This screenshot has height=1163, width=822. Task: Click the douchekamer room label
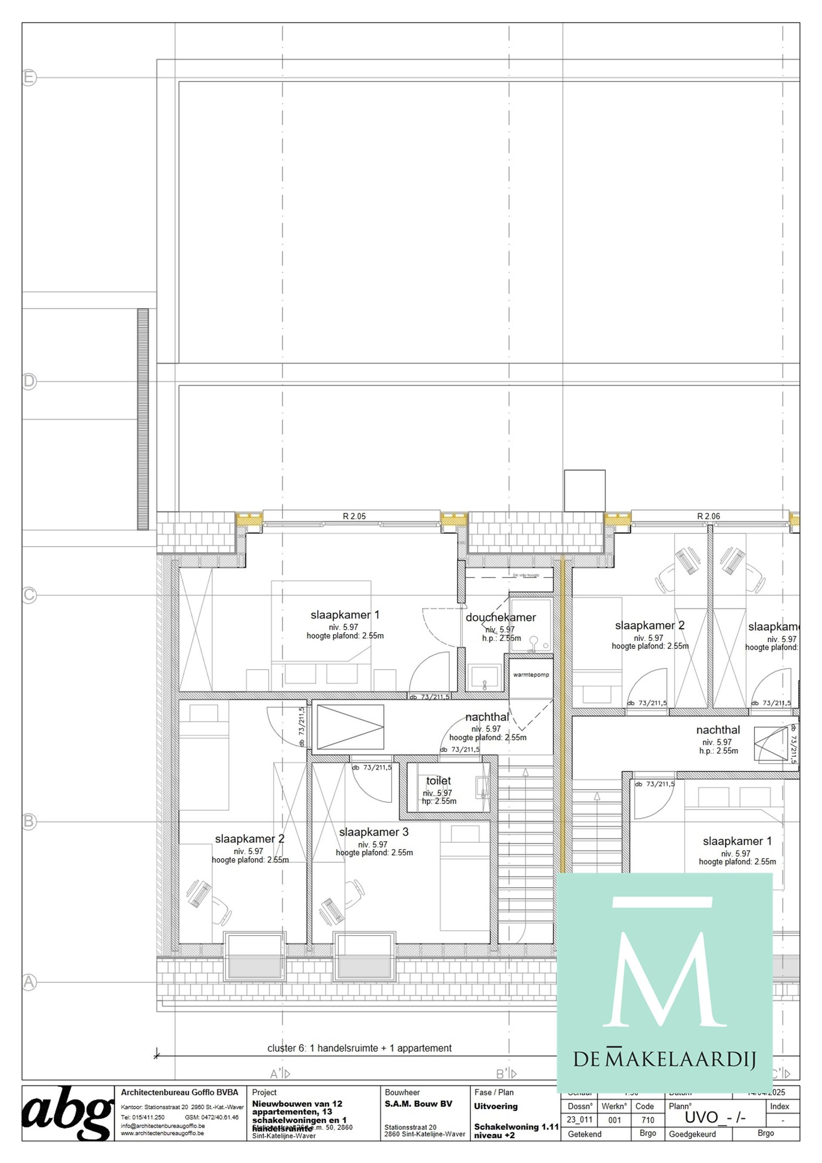pos(500,617)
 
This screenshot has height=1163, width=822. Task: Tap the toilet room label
pos(438,781)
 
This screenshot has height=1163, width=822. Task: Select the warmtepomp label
pos(531,675)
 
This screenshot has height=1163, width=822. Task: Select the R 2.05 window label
pos(354,516)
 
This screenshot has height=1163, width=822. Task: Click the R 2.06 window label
pos(708,516)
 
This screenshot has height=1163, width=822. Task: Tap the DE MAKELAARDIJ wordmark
pos(664,1059)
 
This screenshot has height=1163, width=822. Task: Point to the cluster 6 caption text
pos(359,1048)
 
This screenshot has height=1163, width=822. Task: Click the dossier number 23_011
pos(579,1119)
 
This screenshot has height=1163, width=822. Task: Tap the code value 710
pos(644,1120)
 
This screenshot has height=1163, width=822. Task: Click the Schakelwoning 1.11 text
pos(515,1127)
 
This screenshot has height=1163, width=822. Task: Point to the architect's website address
pos(162,1133)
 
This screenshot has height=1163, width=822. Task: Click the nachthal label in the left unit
pos(487,717)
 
